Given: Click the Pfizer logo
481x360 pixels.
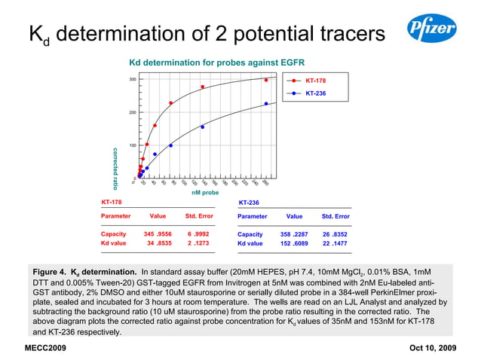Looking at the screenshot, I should point(431,30).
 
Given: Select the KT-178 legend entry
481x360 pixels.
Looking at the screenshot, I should point(315,79).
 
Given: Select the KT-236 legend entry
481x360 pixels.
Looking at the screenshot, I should point(315,93).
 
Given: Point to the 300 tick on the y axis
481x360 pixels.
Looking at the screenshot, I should point(132,79).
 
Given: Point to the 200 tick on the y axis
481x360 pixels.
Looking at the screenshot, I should point(132,112).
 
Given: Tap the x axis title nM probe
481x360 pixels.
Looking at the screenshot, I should point(205,192).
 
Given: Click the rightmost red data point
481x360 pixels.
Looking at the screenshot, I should point(266,80).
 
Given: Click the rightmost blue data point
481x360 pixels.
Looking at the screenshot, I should point(266,104).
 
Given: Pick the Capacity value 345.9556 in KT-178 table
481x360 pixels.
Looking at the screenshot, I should point(158,234).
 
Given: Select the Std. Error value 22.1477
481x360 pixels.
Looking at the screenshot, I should point(335,243).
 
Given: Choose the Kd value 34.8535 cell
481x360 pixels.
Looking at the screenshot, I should point(158,243).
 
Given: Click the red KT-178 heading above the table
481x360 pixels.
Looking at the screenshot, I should point(112,203).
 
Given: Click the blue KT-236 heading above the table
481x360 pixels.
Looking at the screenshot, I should point(249,203).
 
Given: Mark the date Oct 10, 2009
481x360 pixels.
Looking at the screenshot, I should point(433,348).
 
